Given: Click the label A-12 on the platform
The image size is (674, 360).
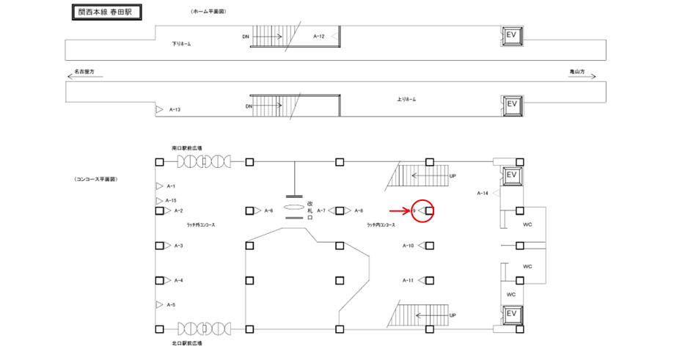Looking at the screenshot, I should [319, 36].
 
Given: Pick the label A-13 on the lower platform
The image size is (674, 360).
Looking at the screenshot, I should [175, 109].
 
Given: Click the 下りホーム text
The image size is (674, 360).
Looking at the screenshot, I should [181, 45].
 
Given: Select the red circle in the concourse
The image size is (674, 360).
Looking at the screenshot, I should [424, 211].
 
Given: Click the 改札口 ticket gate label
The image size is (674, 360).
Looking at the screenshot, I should [310, 210].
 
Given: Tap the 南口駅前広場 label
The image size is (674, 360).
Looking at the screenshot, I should [187, 147].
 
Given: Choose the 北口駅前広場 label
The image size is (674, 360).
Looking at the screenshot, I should [187, 343].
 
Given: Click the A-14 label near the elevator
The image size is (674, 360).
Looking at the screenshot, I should [483, 193].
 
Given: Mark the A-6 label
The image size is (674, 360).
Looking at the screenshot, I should [268, 211].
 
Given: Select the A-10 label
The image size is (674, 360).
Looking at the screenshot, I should [408, 246].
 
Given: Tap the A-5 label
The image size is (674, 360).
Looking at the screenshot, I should [171, 304].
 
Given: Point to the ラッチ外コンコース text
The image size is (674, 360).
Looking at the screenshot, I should [200, 226].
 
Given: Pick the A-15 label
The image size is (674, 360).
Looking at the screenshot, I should [171, 200].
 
